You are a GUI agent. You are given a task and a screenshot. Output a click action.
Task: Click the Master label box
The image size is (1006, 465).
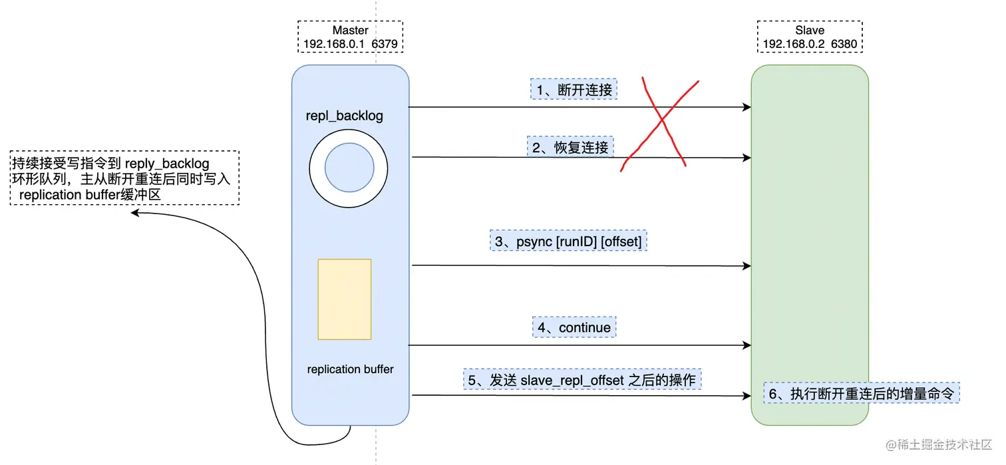click(x=350, y=37)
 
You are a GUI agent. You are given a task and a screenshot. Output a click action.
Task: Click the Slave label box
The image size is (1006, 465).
click(x=810, y=37)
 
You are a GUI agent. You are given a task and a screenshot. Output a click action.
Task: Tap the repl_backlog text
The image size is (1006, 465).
click(x=345, y=116)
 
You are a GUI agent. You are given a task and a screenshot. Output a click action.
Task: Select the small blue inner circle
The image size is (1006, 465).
click(x=349, y=167)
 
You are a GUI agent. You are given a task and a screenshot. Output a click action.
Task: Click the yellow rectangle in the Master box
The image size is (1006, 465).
click(x=345, y=299)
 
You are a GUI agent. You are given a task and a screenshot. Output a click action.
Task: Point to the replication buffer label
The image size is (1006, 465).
click(x=350, y=369)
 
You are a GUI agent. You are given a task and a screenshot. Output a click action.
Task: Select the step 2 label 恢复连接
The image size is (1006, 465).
click(x=572, y=147)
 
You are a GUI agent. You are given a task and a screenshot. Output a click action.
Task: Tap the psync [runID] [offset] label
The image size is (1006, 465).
click(x=569, y=241)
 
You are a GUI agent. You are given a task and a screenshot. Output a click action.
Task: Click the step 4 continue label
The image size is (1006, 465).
click(x=575, y=327)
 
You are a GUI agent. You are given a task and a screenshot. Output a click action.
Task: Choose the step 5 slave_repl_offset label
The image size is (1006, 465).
click(x=582, y=380)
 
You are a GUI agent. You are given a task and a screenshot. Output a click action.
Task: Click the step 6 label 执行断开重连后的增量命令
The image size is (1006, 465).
click(x=861, y=394)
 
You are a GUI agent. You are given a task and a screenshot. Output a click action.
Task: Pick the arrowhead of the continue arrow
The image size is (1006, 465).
click(x=747, y=345)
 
